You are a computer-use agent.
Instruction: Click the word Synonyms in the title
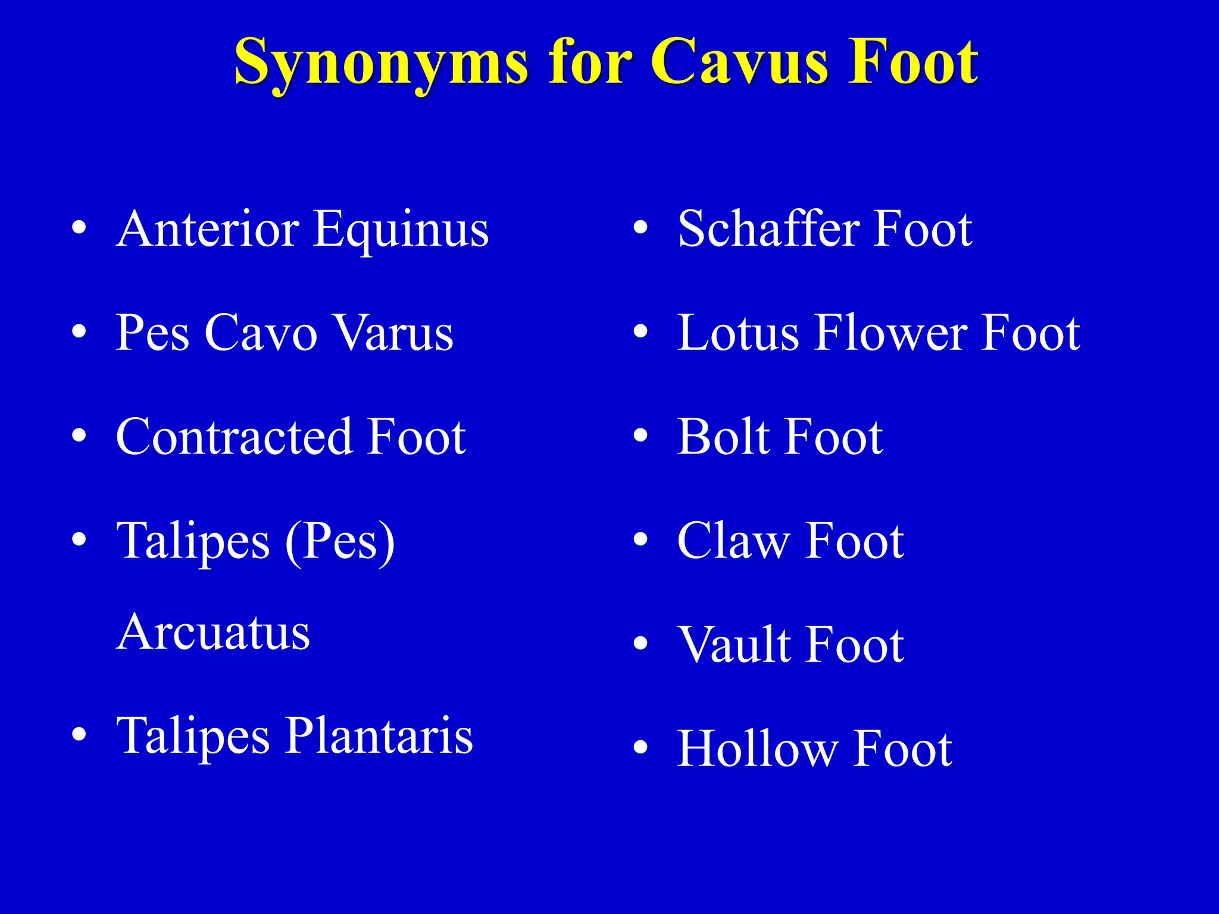(x=381, y=62)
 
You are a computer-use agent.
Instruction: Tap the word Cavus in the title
(x=742, y=62)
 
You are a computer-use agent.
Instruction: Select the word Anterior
(x=208, y=229)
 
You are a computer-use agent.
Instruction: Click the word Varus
(x=393, y=333)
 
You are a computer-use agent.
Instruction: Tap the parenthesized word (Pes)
(x=340, y=541)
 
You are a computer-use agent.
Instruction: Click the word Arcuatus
(x=213, y=632)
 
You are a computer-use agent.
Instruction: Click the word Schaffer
(x=768, y=229)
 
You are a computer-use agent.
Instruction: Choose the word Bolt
(x=724, y=437)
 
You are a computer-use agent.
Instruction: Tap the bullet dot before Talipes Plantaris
(x=79, y=735)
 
